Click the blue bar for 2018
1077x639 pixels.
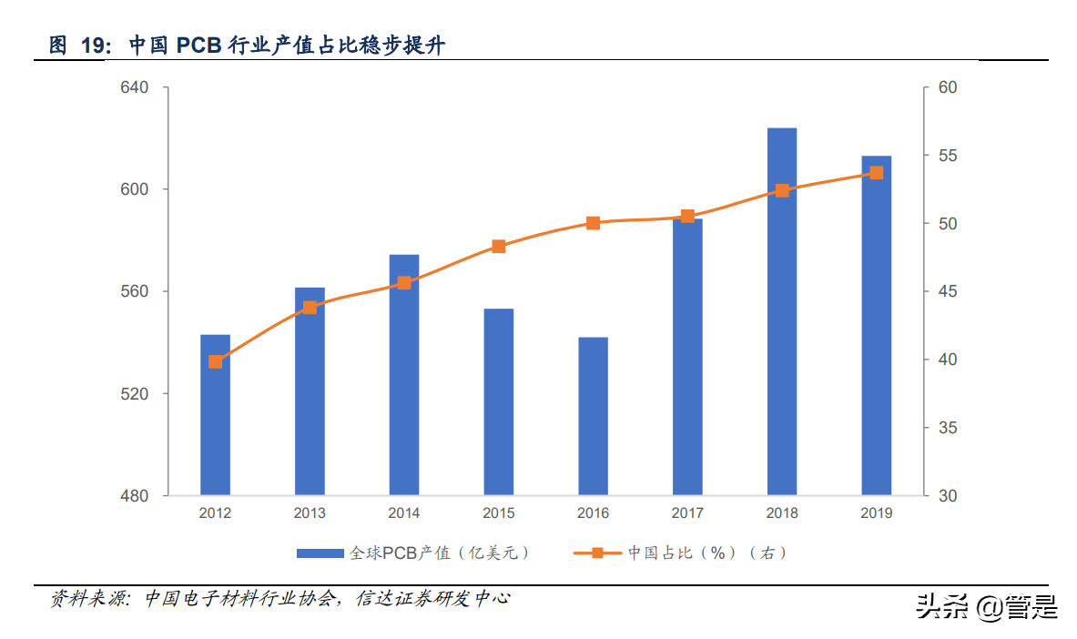click(x=781, y=311)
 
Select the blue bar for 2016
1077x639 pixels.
click(x=593, y=416)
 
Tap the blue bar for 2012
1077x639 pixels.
click(x=215, y=414)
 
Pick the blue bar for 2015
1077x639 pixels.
click(x=498, y=401)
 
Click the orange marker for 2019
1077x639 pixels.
click(x=876, y=172)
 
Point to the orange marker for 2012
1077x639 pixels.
click(x=215, y=361)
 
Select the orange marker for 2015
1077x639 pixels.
click(x=498, y=246)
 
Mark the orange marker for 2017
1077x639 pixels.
click(x=687, y=217)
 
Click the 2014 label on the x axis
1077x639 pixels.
click(x=404, y=513)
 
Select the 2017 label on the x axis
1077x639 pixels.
click(x=687, y=513)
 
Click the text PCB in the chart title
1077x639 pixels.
click(x=199, y=46)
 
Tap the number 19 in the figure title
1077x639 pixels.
click(x=94, y=46)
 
